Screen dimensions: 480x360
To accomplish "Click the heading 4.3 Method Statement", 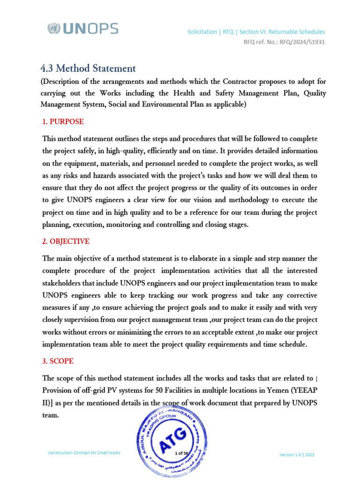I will pyautogui.click(x=89, y=68).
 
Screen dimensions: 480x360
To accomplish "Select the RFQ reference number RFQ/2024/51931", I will pyautogui.click(x=302, y=42).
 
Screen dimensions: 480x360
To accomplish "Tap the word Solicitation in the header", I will pyautogui.click(x=202, y=32).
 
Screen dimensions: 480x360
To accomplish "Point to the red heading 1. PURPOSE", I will pyautogui.click(x=63, y=122).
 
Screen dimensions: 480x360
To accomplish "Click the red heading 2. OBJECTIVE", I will pyautogui.click(x=66, y=241).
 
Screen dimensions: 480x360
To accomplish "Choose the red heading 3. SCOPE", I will pyautogui.click(x=58, y=362).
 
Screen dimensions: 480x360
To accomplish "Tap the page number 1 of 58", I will pyautogui.click(x=180, y=453).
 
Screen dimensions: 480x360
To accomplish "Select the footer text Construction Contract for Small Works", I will pyautogui.click(x=84, y=452).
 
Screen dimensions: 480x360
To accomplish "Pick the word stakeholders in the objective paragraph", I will pyautogui.click(x=63, y=283).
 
